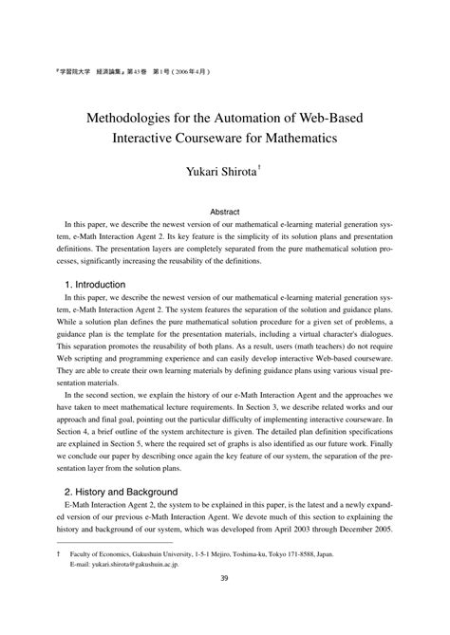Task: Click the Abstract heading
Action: click(224, 212)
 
